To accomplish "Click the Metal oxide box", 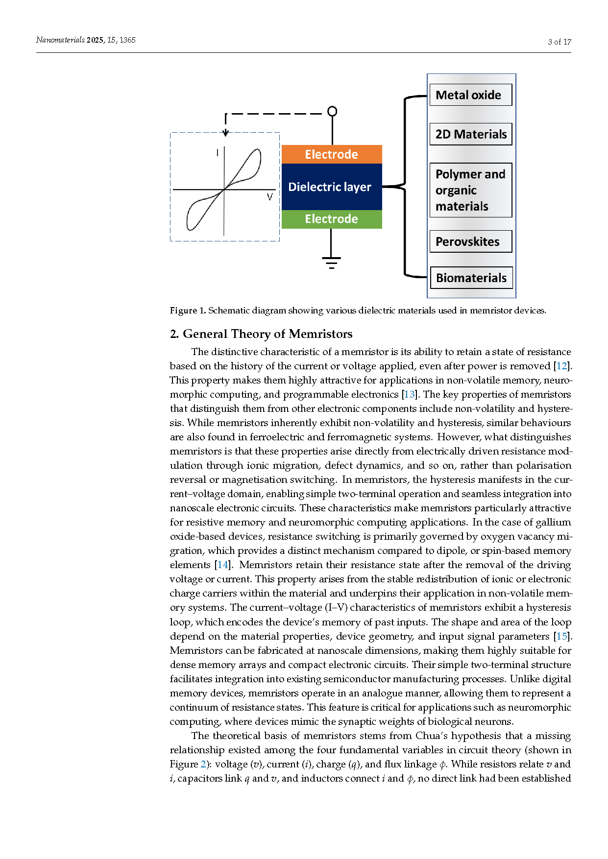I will [470, 95].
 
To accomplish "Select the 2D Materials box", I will [470, 134].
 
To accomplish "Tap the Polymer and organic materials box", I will [470, 190].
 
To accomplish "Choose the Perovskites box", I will [470, 241].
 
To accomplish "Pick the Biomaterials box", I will [470, 278].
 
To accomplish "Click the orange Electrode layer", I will [332, 154].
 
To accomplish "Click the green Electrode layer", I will [332, 219].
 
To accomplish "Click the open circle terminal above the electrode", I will [332, 112].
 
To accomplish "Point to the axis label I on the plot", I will [217, 153].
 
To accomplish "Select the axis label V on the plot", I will [269, 197].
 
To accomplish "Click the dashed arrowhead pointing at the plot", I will [225, 133].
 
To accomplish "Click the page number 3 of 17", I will [559, 42].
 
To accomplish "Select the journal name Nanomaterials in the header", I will [60, 40].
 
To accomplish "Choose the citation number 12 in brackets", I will [561, 366].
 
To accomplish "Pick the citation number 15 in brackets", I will [561, 636].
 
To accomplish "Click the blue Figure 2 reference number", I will [203, 764].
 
